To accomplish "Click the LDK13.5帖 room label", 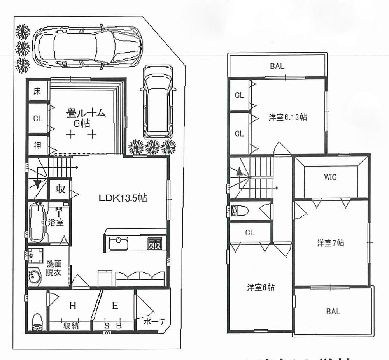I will pos(122,198).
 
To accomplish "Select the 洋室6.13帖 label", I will pos(287,117).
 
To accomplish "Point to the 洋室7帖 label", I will pos(330,243).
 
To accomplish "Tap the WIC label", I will pos(330,177).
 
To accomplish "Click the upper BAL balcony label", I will pos(277,66).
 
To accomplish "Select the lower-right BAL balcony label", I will pos(333,311).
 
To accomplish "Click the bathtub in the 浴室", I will pos(37,222).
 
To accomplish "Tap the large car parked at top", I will pos(87,47).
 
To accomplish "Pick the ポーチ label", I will pos(154,322).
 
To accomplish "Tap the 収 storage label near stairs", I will pos(60,190).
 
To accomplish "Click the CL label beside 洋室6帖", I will pos(250,233).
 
